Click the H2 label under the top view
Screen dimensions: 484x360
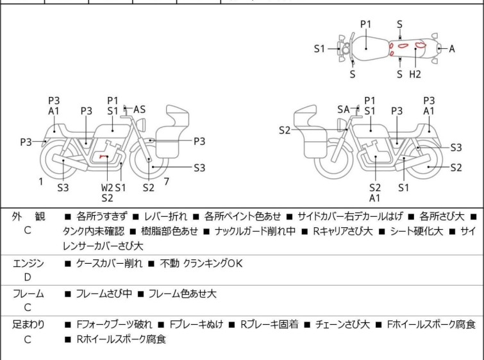tap(415, 74)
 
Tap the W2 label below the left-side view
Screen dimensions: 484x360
tap(107, 187)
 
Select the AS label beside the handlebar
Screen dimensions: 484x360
tap(139, 109)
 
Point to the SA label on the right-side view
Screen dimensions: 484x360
tap(343, 109)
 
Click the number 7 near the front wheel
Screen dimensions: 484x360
tap(167, 182)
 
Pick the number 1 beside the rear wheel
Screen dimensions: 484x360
tap(41, 182)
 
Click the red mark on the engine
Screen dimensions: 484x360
tap(103, 157)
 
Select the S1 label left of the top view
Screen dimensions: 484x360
tap(319, 49)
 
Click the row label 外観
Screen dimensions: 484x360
tap(28, 217)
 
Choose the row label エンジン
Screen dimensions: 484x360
tap(28, 264)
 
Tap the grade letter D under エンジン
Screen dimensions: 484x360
tap(28, 277)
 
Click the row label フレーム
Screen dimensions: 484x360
tap(28, 293)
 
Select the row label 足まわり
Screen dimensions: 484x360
tap(28, 325)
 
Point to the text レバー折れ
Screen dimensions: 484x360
tap(166, 216)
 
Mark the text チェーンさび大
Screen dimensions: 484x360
tap(342, 325)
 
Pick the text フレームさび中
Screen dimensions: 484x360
tap(104, 293)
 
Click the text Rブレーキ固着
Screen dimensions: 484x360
tap(269, 325)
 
